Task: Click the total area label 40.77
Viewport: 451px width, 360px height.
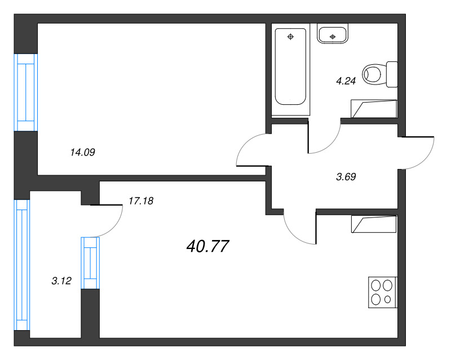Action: tap(207, 246)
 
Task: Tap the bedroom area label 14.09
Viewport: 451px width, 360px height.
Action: tap(82, 152)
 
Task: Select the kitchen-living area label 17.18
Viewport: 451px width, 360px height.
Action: tap(141, 201)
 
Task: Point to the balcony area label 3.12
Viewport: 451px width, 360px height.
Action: tap(61, 281)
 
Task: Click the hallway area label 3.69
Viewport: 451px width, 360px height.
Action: tap(346, 176)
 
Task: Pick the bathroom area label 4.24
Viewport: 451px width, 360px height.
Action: tap(346, 81)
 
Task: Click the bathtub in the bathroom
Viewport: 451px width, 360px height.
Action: tap(290, 66)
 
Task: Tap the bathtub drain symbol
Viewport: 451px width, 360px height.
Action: tap(290, 37)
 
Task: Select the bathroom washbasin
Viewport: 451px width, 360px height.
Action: tap(333, 34)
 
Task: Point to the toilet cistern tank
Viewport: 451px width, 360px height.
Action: tap(392, 74)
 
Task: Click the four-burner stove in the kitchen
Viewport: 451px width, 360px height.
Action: tap(383, 292)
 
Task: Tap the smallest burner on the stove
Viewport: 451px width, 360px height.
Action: tap(387, 300)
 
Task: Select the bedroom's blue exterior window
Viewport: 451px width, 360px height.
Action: tap(26, 92)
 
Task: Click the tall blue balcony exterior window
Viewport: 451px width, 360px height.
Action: tap(22, 265)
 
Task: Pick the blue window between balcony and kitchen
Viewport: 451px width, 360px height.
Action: tap(90, 263)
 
